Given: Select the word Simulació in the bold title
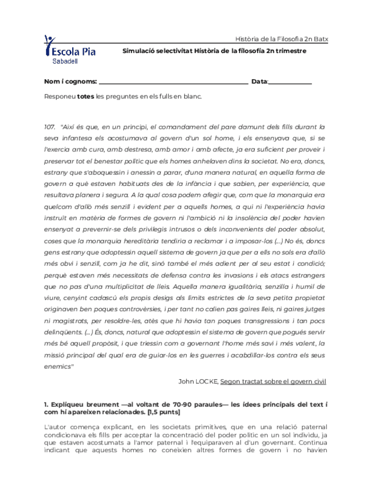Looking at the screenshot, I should point(140,51).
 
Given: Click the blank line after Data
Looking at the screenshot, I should point(290,84).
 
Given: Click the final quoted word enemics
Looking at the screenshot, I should point(58,366).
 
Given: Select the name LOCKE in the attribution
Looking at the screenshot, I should point(206,381).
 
